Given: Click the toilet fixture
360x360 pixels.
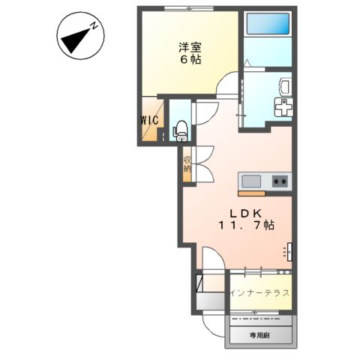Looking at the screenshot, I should click(x=180, y=131).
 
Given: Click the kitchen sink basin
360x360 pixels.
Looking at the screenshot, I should click(x=250, y=181).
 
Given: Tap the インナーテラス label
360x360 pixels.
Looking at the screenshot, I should click(x=259, y=293).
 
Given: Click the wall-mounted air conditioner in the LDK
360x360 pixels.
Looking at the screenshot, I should click(x=289, y=251).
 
